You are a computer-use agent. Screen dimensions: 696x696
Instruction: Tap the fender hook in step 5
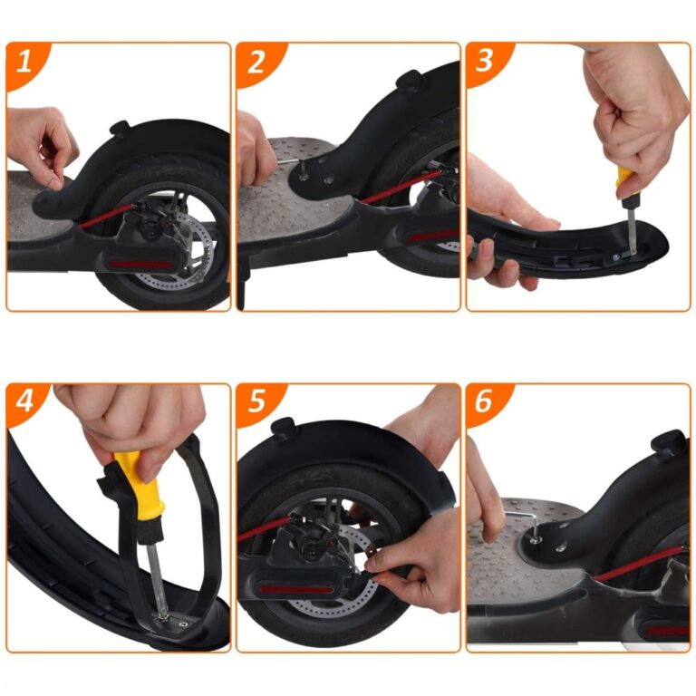point(284,427)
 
